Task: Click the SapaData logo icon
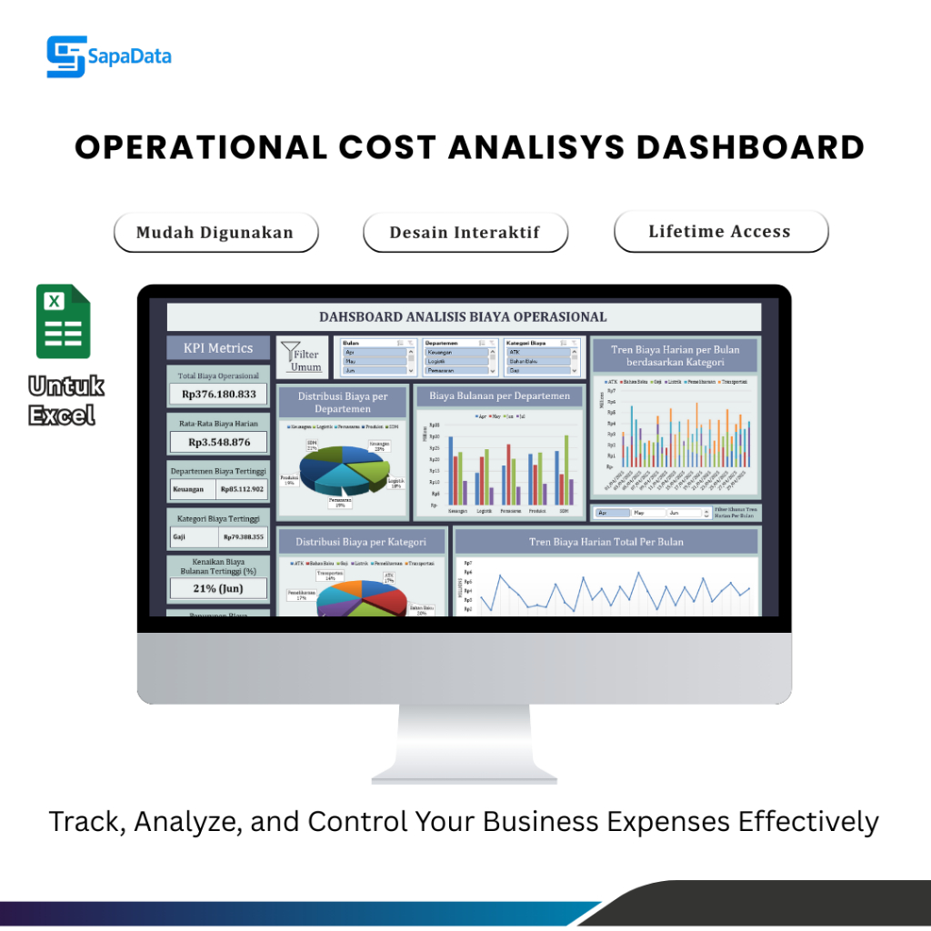pyautogui.click(x=65, y=56)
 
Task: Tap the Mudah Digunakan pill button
pyautogui.click(x=215, y=233)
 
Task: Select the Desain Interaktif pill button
pyautogui.click(x=465, y=233)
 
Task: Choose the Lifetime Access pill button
pyautogui.click(x=720, y=232)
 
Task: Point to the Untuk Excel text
pyautogui.click(x=66, y=401)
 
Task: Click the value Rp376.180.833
pyautogui.click(x=218, y=395)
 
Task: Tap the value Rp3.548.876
pyautogui.click(x=218, y=442)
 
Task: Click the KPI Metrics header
pyautogui.click(x=218, y=347)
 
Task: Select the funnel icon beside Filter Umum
pyautogui.click(x=290, y=353)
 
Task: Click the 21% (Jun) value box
pyautogui.click(x=218, y=588)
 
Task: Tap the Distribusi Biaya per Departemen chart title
pyautogui.click(x=343, y=403)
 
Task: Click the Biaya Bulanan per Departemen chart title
pyautogui.click(x=499, y=395)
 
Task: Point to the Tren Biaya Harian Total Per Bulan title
pyautogui.click(x=606, y=542)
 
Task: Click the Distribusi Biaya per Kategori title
pyautogui.click(x=361, y=542)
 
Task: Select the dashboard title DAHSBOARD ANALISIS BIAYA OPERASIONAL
pyautogui.click(x=463, y=317)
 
